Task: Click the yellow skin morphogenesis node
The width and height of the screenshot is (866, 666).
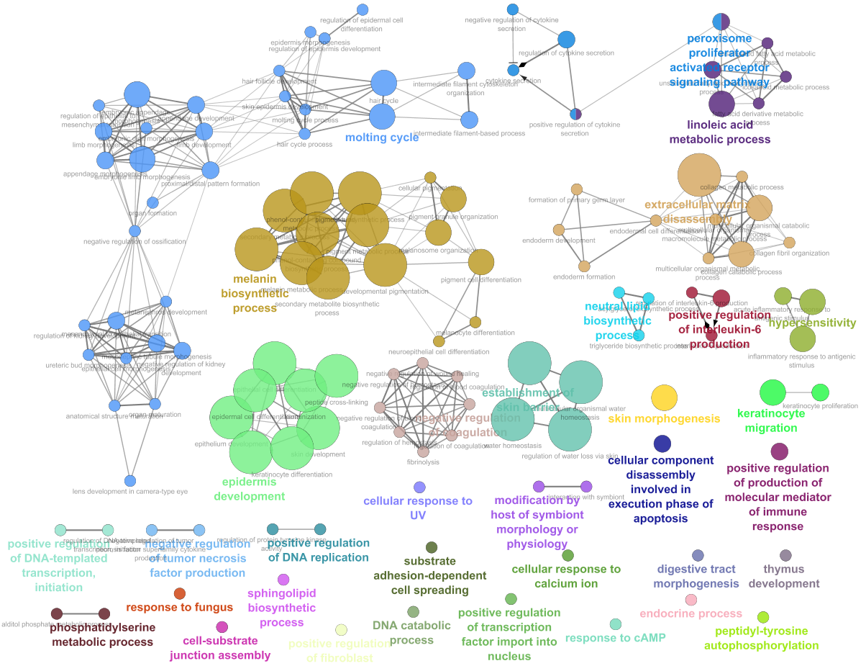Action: tap(664, 397)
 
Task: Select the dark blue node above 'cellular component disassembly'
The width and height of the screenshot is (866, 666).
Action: tap(662, 444)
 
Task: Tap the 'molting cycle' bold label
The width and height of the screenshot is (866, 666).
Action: tap(382, 138)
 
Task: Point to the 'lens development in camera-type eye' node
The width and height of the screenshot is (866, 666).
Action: tap(130, 480)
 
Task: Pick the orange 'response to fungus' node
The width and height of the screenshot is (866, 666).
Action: tap(179, 593)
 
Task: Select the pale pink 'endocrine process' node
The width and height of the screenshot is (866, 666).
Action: tap(691, 600)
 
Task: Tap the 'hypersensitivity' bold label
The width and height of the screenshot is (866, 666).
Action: tap(812, 323)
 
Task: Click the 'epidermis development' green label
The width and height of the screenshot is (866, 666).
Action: tap(253, 489)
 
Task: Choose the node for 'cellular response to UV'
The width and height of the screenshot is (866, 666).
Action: tap(419, 487)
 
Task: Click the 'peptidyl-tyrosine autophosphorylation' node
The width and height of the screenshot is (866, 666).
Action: tap(763, 617)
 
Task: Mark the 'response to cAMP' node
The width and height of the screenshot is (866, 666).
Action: tap(616, 624)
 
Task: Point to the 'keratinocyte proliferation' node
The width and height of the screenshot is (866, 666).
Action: tap(821, 392)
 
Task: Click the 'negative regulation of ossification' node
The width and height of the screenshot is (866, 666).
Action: tap(135, 230)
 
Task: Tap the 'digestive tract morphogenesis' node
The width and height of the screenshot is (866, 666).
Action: tap(698, 555)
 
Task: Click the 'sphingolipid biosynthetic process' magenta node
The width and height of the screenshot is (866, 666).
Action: tap(283, 580)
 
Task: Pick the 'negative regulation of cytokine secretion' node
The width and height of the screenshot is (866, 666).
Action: tap(513, 9)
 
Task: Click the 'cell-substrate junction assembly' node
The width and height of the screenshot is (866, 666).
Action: tap(222, 627)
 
